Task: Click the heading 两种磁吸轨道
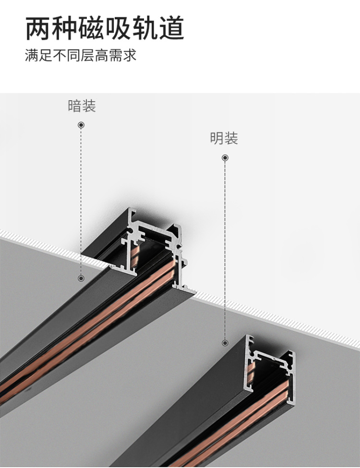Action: point(105,28)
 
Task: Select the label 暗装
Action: point(82,105)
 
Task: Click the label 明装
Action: point(224,139)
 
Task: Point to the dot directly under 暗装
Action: point(81,125)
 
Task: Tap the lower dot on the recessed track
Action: point(81,278)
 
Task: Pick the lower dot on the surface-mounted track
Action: point(225,342)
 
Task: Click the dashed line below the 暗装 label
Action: point(81,201)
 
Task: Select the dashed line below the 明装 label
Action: point(225,249)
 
